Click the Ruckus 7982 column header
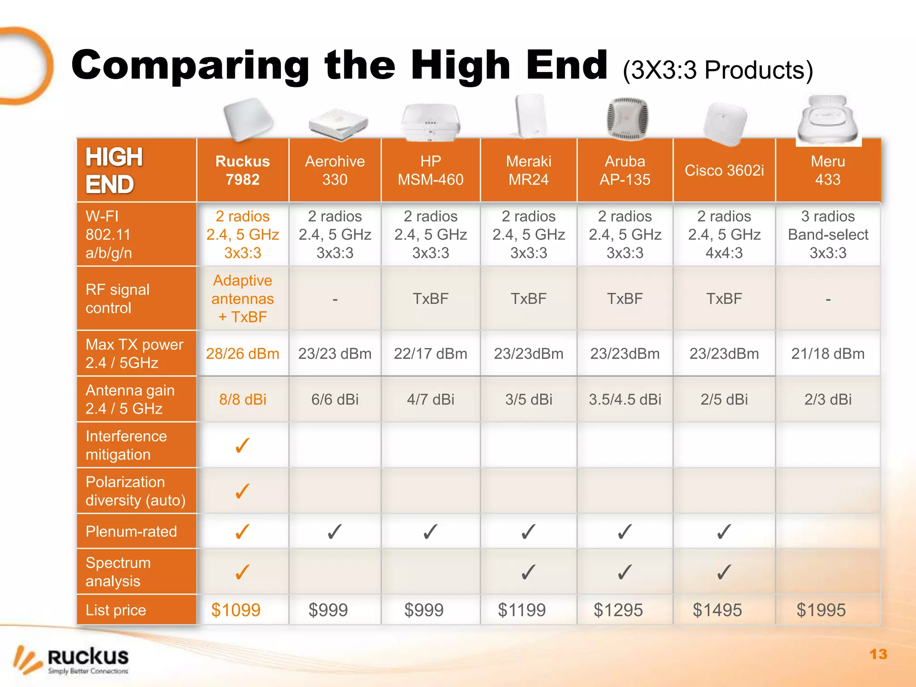click(242, 170)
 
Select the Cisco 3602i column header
click(724, 170)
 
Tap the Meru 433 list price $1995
click(821, 610)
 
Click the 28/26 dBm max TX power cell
click(242, 354)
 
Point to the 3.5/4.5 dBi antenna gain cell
click(625, 399)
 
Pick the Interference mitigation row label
click(126, 445)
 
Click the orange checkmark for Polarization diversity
click(242, 491)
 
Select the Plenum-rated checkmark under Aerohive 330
click(335, 532)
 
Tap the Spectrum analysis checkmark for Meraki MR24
click(529, 572)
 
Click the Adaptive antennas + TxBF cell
click(242, 299)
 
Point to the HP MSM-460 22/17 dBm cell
click(430, 354)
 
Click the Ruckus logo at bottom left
click(72, 660)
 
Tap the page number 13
click(878, 654)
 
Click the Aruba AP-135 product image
click(627, 118)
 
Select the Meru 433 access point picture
click(828, 119)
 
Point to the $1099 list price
click(236, 610)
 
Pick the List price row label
click(116, 610)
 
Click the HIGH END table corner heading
click(114, 170)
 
